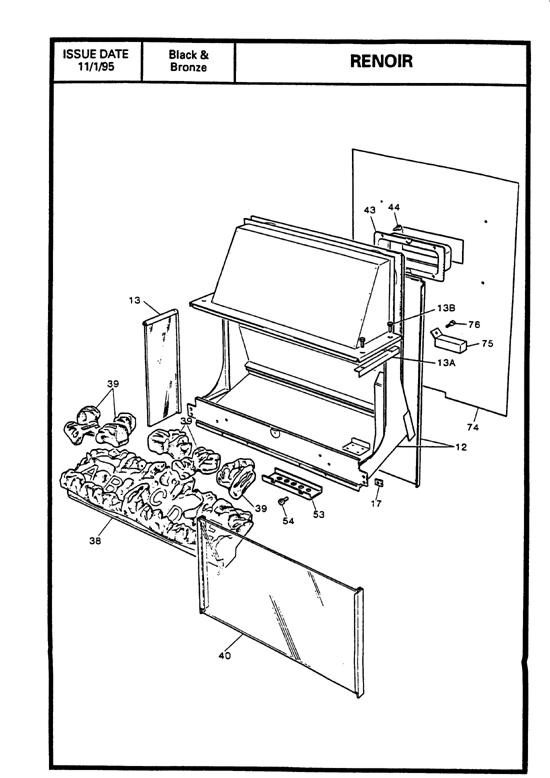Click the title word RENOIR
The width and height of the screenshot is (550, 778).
tap(380, 61)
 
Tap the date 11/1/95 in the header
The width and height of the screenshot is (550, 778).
tap(95, 68)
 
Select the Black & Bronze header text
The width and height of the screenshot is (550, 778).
tap(188, 61)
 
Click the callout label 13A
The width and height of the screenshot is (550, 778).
tap(447, 362)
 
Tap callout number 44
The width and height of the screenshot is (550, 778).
tap(394, 208)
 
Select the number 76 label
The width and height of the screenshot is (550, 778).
tap(474, 324)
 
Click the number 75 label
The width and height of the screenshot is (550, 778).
tap(488, 344)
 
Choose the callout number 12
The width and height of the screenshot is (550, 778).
tap(460, 447)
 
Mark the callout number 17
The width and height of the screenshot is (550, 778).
tap(377, 504)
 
